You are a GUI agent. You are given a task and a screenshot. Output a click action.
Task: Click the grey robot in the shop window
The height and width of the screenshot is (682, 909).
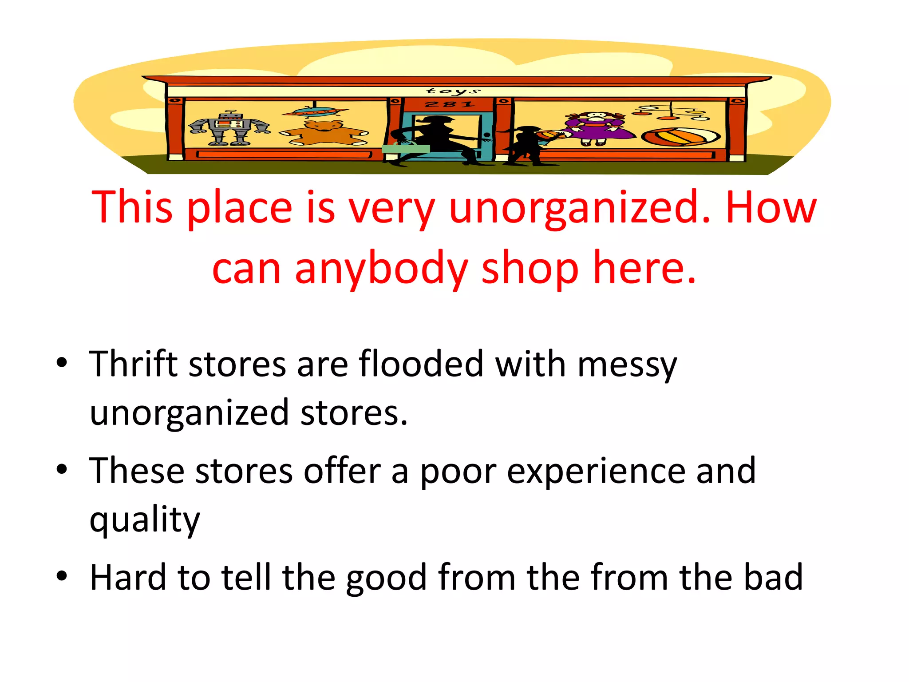click(229, 128)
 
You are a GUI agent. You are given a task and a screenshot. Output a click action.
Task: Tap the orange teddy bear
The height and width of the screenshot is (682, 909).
click(324, 133)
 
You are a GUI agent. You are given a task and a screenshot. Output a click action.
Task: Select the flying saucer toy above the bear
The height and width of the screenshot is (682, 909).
click(315, 112)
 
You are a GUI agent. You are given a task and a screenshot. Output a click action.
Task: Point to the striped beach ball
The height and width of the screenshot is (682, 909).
click(680, 137)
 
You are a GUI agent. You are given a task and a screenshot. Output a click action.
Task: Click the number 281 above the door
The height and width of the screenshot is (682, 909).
click(449, 105)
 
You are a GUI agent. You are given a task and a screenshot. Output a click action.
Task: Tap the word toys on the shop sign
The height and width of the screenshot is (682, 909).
click(453, 91)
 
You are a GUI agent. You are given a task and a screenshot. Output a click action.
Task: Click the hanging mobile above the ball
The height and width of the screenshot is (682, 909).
click(671, 112)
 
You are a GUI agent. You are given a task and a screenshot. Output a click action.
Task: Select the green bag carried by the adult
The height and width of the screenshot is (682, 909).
click(406, 149)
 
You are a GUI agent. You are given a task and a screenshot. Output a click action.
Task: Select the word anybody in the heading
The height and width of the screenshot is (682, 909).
click(381, 269)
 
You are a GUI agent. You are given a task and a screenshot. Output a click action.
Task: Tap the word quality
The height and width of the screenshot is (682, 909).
click(145, 519)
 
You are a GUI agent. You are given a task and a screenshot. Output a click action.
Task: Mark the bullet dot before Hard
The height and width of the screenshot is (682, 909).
click(62, 576)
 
